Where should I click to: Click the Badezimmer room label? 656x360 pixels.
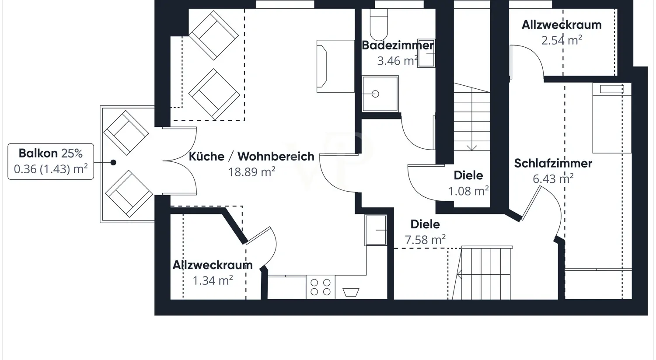(x=398, y=45)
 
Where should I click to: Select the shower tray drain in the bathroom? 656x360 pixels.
(x=375, y=94)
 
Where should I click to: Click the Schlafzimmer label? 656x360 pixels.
(x=553, y=163)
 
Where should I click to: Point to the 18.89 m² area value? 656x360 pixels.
(x=251, y=172)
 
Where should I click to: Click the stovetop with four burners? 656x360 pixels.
(x=321, y=287)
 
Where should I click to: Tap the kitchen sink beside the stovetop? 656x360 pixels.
(x=351, y=292)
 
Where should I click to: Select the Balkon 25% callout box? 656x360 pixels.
(x=51, y=161)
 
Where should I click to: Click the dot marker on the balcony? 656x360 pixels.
(x=113, y=162)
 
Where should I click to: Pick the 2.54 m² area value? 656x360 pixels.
(x=562, y=40)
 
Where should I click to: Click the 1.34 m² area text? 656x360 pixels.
(x=213, y=280)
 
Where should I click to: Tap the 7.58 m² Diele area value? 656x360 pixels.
(x=425, y=240)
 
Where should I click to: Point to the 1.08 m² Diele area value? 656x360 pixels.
(x=468, y=191)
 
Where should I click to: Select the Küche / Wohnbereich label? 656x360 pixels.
(x=251, y=156)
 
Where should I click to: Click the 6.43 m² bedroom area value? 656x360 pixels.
(x=553, y=178)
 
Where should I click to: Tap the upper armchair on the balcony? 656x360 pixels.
(x=126, y=133)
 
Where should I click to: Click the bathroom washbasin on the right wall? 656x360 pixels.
(x=426, y=53)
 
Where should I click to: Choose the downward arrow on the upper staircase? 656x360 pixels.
(x=471, y=146)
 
